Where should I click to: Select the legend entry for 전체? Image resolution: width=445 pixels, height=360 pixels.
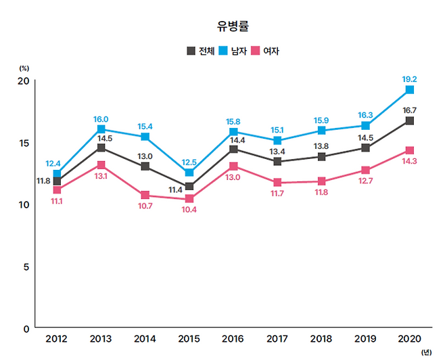tap(201, 51)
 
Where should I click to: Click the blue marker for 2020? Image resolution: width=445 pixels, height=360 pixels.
tap(410, 90)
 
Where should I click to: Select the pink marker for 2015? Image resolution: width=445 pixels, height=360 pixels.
tap(189, 199)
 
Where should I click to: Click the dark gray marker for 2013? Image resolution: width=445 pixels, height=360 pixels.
tap(101, 148)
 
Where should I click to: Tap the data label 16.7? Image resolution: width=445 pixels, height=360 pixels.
tap(410, 110)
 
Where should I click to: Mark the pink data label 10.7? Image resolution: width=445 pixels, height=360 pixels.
tap(145, 206)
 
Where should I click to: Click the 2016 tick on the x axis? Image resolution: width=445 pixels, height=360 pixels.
tap(233, 338)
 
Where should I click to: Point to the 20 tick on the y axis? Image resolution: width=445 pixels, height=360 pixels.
tap(23, 81)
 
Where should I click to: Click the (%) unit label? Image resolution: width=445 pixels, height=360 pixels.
tap(24, 68)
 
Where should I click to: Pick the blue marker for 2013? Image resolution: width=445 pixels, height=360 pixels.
tap(101, 129)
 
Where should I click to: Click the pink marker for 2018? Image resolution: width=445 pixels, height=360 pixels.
tap(321, 181)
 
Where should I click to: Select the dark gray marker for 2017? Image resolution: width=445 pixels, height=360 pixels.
tap(277, 162)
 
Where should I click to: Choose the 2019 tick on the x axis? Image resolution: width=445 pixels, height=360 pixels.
tap(365, 338)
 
